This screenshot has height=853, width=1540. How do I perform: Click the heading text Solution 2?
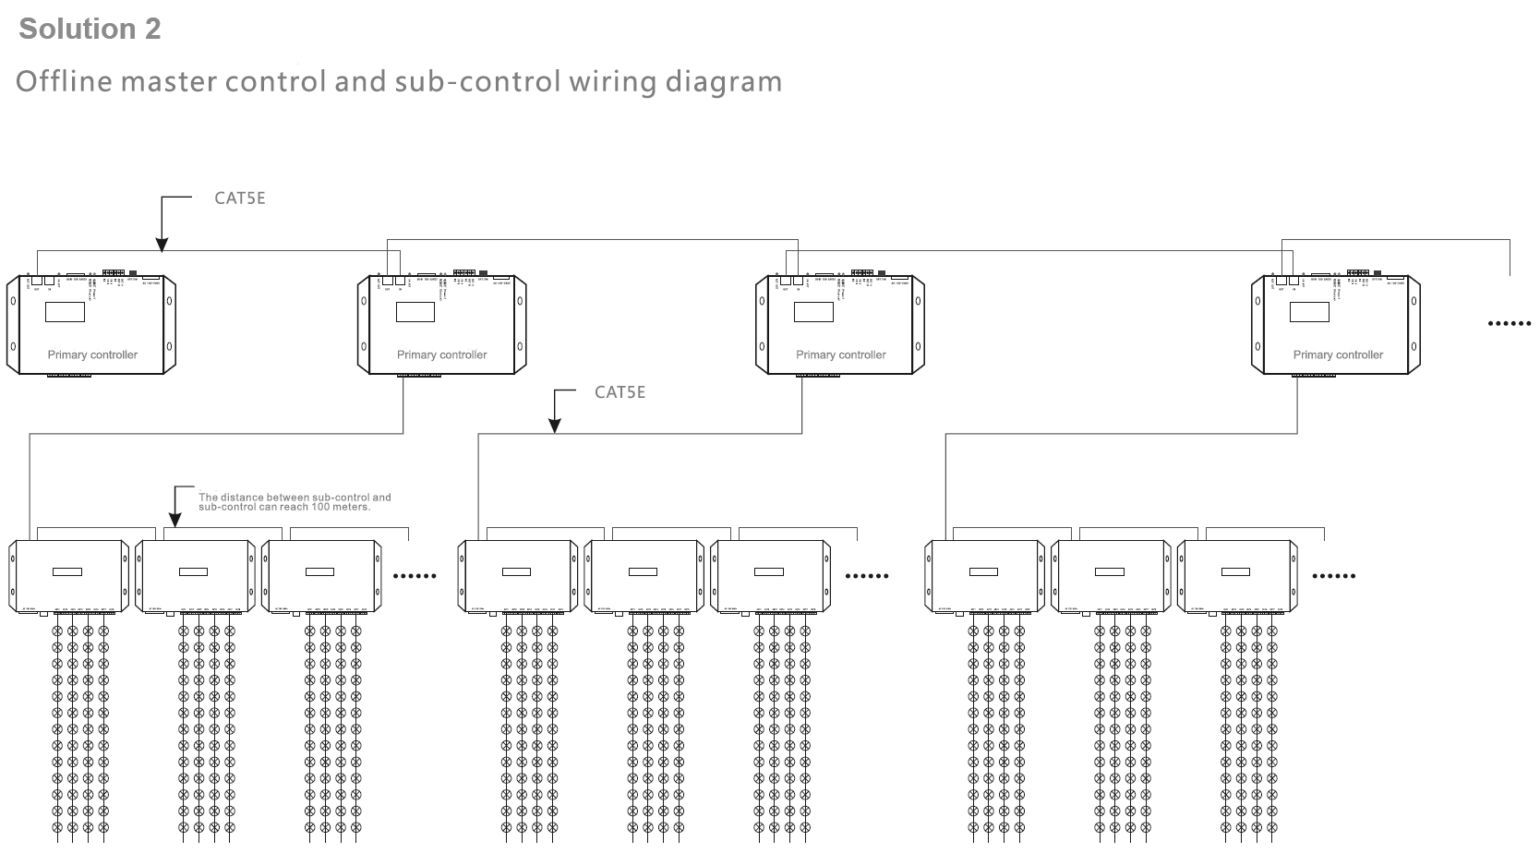point(90,29)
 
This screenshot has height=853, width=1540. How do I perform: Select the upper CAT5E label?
point(240,198)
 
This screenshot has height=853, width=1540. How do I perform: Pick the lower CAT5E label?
point(620,392)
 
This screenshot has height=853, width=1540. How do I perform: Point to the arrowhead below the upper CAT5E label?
point(162,245)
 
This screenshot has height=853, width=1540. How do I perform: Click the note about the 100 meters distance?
point(295,502)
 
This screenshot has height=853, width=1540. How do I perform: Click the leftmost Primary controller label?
point(92,354)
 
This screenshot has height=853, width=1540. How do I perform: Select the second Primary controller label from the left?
point(441,354)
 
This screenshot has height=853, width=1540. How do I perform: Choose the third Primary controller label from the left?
point(840,354)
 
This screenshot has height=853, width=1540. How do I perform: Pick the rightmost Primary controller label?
point(1338,354)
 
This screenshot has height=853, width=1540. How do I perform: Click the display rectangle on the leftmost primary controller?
point(65,311)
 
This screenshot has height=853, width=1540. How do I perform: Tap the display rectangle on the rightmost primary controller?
point(1309,311)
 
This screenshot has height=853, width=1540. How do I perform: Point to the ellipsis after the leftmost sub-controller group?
point(415,576)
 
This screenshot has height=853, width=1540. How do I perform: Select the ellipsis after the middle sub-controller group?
point(867,576)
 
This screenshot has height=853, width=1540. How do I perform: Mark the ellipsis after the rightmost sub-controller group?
point(1333,576)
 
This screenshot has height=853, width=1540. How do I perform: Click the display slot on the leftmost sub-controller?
point(67,571)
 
